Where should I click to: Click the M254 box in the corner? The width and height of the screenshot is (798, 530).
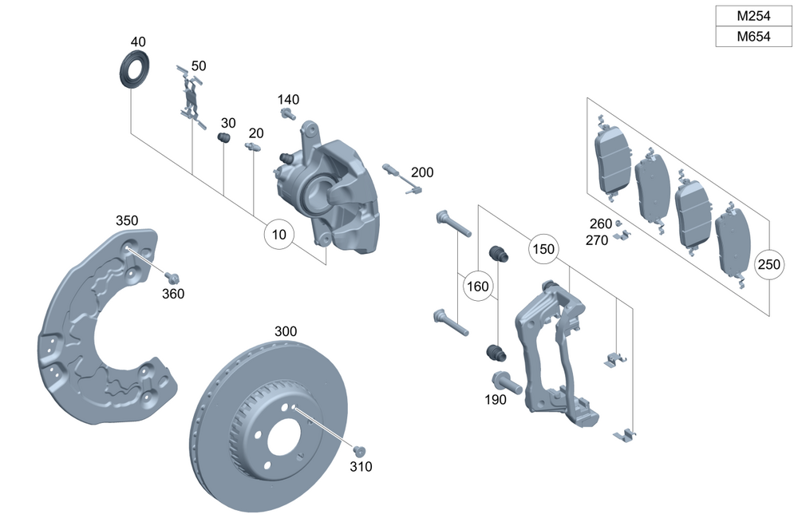click(753, 16)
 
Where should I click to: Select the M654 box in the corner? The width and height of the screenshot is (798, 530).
click(753, 37)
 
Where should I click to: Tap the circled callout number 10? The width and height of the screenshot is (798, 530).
click(279, 235)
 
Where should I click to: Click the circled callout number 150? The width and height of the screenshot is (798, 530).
click(543, 249)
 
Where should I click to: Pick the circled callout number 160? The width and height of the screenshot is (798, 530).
click(477, 286)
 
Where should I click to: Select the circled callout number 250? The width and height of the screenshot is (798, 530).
click(769, 264)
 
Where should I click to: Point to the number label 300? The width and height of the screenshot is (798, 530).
click(286, 330)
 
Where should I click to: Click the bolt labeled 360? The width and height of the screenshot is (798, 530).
click(170, 277)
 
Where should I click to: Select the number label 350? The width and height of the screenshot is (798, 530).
click(127, 220)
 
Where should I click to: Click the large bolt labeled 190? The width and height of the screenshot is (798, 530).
click(507, 383)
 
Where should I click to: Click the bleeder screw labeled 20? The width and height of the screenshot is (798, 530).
click(254, 148)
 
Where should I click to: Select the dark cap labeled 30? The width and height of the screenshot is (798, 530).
click(225, 140)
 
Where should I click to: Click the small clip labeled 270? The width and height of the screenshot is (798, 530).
click(622, 235)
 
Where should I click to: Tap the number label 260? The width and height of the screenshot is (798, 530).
click(600, 223)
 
